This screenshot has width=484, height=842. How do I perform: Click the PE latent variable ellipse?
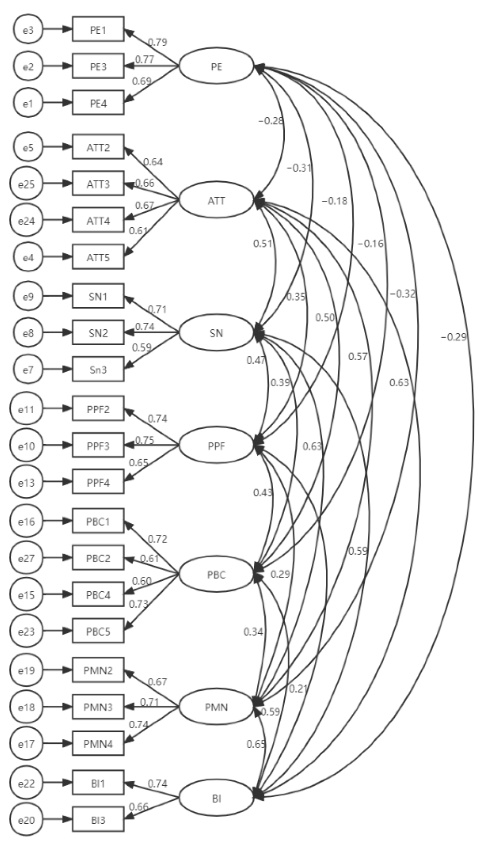click(216, 67)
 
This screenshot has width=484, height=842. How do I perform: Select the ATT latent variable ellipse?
click(216, 200)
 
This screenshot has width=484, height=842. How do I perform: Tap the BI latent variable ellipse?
click(216, 799)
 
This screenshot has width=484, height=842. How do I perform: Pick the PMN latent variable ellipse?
click(216, 707)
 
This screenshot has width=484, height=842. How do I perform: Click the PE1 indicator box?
click(98, 30)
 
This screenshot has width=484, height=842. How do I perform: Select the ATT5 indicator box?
click(98, 257)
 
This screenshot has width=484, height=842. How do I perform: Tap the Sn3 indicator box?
click(98, 370)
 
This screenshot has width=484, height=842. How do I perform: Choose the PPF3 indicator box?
click(98, 445)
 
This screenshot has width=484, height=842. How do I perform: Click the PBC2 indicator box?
click(98, 558)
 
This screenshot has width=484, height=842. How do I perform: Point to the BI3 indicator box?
click(98, 821)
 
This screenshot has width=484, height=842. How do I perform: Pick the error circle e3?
click(28, 30)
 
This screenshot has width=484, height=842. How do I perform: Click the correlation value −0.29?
click(453, 337)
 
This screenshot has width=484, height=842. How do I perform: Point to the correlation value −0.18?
click(334, 201)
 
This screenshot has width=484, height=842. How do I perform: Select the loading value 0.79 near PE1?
click(158, 42)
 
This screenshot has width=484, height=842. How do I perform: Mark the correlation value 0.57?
click(358, 356)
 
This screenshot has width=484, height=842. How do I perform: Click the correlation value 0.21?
click(298, 688)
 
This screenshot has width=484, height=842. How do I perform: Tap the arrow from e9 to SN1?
click(58, 296)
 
